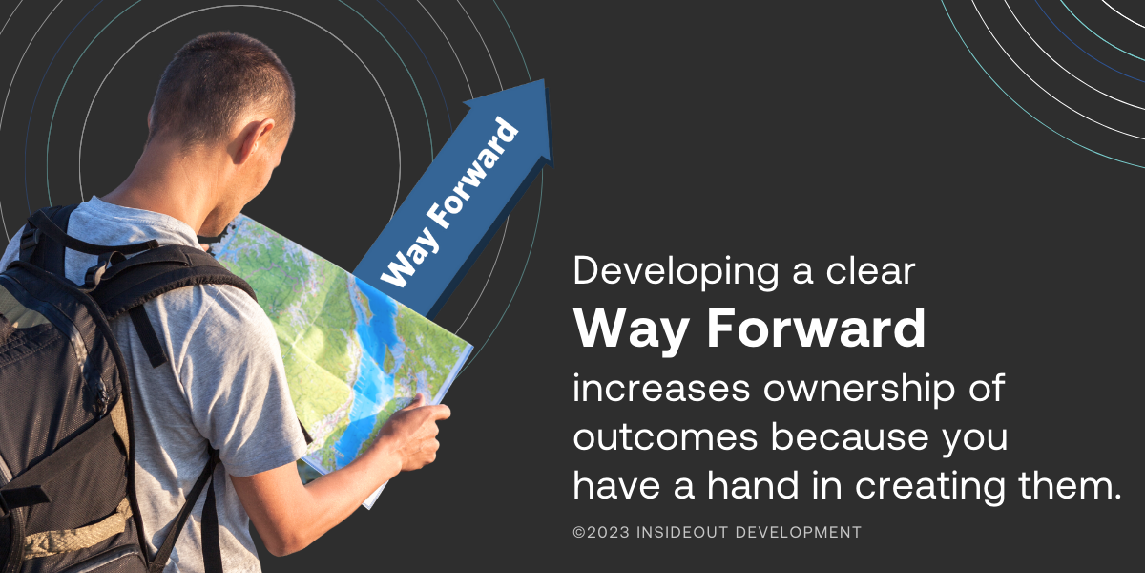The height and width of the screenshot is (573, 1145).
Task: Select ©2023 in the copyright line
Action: [598, 532]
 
